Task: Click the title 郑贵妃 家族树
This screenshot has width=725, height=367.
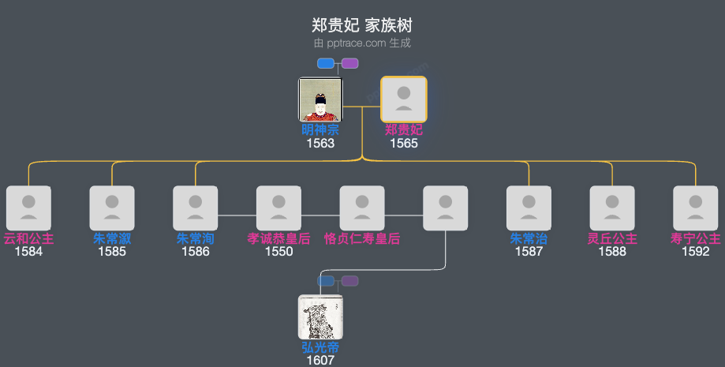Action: coord(362,25)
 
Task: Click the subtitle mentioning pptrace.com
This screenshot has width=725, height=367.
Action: coord(362,43)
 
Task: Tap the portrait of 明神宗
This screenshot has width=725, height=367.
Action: coord(320,99)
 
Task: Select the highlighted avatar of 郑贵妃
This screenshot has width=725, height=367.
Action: coord(404,99)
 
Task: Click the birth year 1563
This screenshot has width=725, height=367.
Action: coord(320,144)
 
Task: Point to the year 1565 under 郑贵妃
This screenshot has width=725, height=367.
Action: coord(404,144)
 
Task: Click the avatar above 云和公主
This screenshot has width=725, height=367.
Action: coord(28,208)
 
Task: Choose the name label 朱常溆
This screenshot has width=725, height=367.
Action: coord(112,238)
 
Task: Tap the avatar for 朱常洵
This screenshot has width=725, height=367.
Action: coord(196,208)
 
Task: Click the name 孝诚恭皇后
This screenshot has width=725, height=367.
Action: coord(278,238)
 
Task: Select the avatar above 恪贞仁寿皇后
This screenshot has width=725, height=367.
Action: coord(362,208)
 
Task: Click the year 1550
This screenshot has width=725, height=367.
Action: coord(278,252)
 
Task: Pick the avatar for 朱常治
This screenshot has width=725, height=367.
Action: coord(529,208)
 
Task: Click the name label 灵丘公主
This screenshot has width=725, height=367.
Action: coord(612,238)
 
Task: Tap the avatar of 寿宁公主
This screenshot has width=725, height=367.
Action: coord(695,208)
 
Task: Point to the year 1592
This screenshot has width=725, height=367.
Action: coord(695,252)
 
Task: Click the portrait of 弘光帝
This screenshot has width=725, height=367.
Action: coord(320,316)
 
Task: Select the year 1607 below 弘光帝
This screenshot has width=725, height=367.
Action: coord(320,360)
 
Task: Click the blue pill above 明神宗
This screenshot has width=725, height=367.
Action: coord(326,63)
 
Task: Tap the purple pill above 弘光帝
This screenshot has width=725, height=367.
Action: coord(349,281)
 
